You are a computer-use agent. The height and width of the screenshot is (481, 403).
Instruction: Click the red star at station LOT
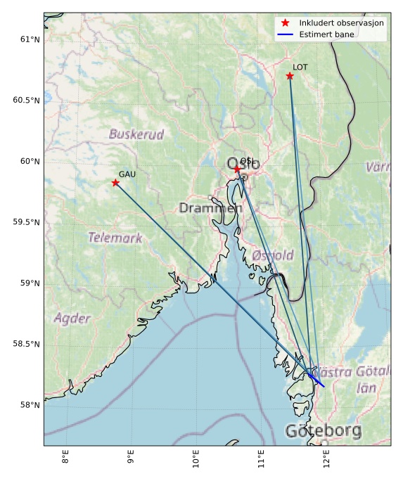pos(290,76)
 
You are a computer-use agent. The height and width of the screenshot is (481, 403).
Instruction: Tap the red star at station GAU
pos(115,183)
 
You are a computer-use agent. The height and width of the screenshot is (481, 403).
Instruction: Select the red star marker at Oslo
pos(237,169)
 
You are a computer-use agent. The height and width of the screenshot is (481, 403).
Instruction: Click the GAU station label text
pos(127,174)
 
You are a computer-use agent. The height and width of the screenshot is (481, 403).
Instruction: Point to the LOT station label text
pos(300,68)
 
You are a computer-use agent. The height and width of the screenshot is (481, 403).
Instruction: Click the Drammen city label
pos(210,208)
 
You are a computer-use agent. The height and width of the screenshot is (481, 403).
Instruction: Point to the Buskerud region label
pos(136,134)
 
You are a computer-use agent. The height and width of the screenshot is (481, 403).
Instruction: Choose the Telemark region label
pos(115,238)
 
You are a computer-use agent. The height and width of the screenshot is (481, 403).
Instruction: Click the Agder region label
pos(72,319)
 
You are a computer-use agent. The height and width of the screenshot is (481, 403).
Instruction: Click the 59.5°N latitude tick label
pos(27,222)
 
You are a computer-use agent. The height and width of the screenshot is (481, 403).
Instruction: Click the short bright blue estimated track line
pos(316,380)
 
